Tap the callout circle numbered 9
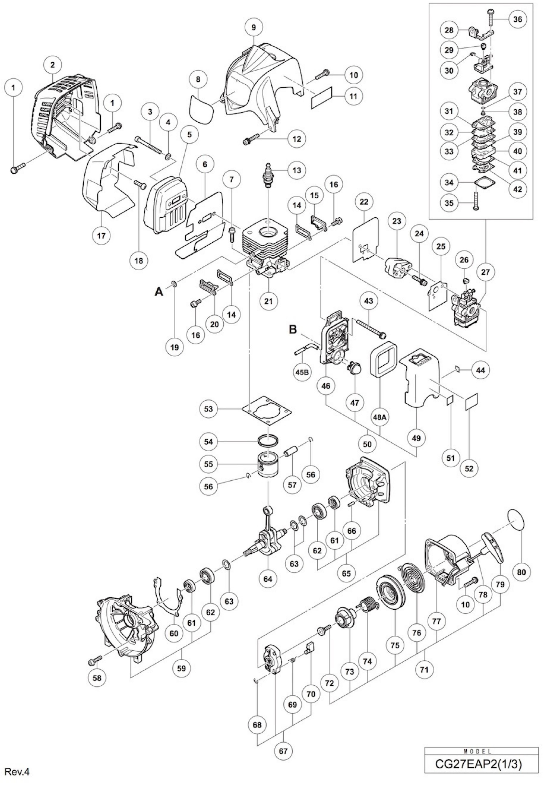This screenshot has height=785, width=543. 253,27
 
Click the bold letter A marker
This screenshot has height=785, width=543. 159,291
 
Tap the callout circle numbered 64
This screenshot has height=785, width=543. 268,578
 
